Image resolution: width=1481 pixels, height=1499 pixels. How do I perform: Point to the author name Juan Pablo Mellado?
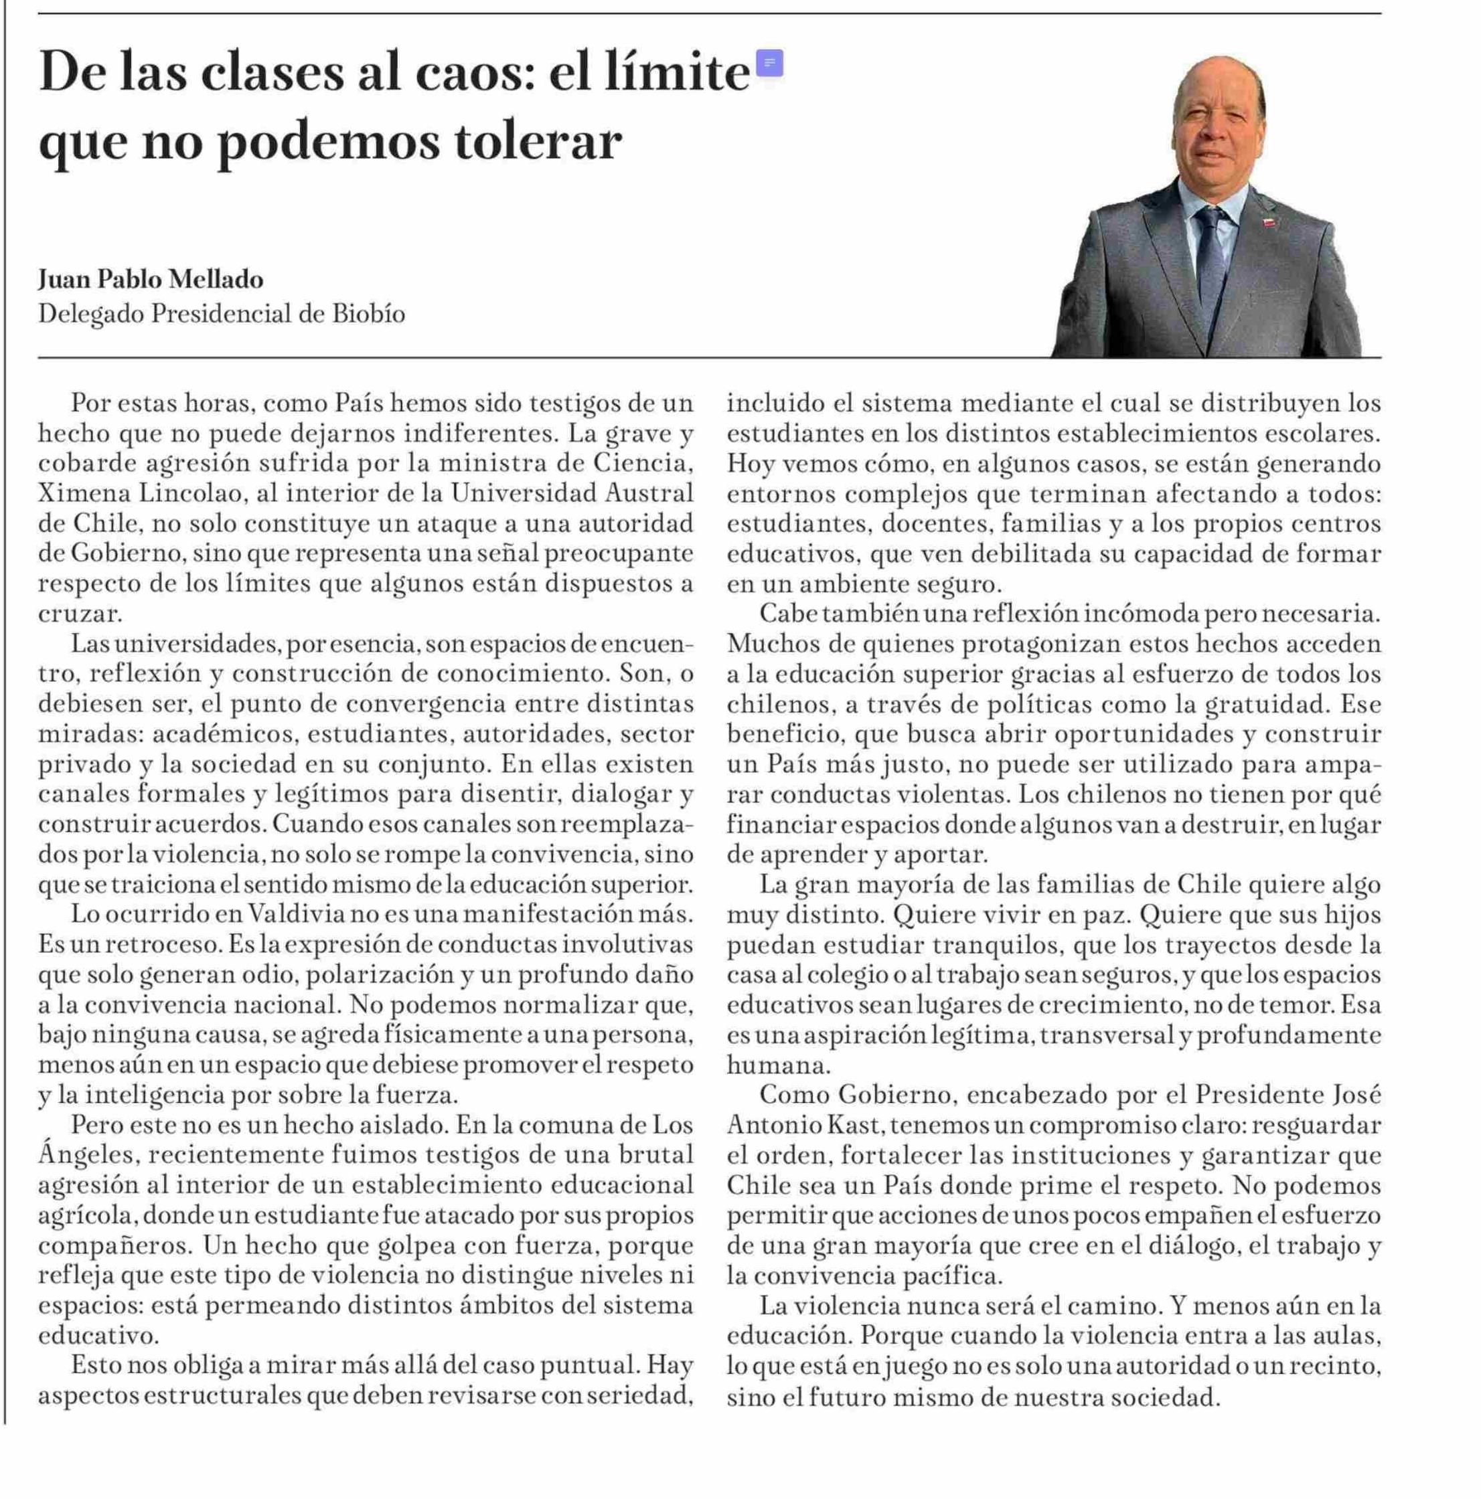pos(151,278)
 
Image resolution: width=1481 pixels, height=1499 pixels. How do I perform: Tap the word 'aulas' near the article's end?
pos(1346,1336)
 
